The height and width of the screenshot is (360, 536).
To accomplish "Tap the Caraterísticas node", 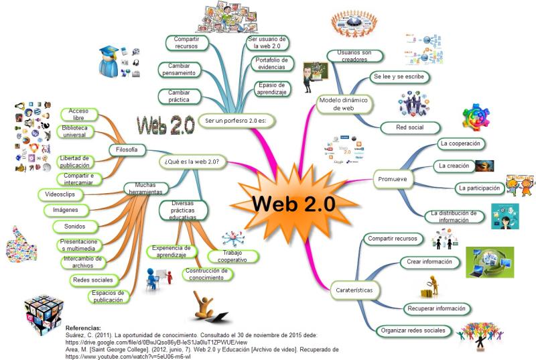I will point(352,290).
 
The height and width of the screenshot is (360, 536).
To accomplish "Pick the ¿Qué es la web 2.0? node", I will point(192,162).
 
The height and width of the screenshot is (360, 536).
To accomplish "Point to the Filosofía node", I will point(127,149).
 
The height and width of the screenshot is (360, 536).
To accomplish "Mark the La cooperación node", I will point(462,143).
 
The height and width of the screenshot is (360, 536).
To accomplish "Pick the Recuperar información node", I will point(435,308).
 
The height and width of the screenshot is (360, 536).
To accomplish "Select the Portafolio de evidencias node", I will point(272,64).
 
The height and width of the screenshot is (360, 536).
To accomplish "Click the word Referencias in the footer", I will point(83,328).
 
